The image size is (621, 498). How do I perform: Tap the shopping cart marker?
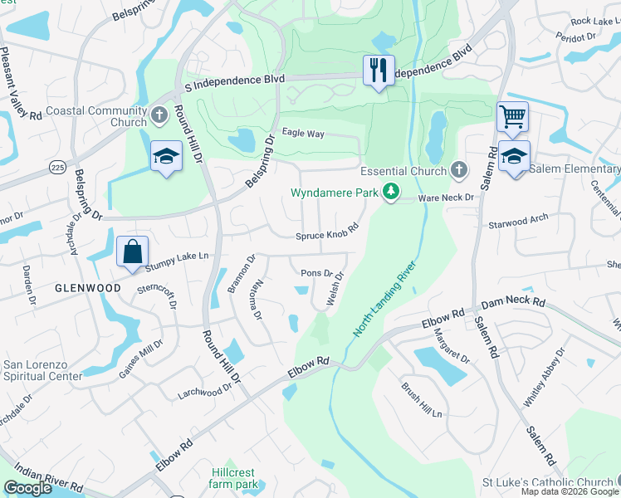pyautogui.click(x=513, y=117)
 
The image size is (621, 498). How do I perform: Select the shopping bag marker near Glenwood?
pyautogui.click(x=134, y=251)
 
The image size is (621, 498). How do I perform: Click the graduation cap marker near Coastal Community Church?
pyautogui.click(x=166, y=155)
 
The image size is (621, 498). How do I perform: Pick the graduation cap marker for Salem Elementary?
pyautogui.click(x=514, y=157)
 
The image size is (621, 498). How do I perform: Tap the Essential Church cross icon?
pyautogui.click(x=457, y=170)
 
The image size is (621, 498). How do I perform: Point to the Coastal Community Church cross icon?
pyautogui.click(x=160, y=114)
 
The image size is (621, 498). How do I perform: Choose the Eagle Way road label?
pyautogui.click(x=303, y=133)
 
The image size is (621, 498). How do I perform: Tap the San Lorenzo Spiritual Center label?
pyautogui.click(x=43, y=370)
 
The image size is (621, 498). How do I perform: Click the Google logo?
pyautogui.click(x=28, y=488)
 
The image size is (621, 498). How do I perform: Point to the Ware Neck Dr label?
pyautogui.click(x=445, y=198)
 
